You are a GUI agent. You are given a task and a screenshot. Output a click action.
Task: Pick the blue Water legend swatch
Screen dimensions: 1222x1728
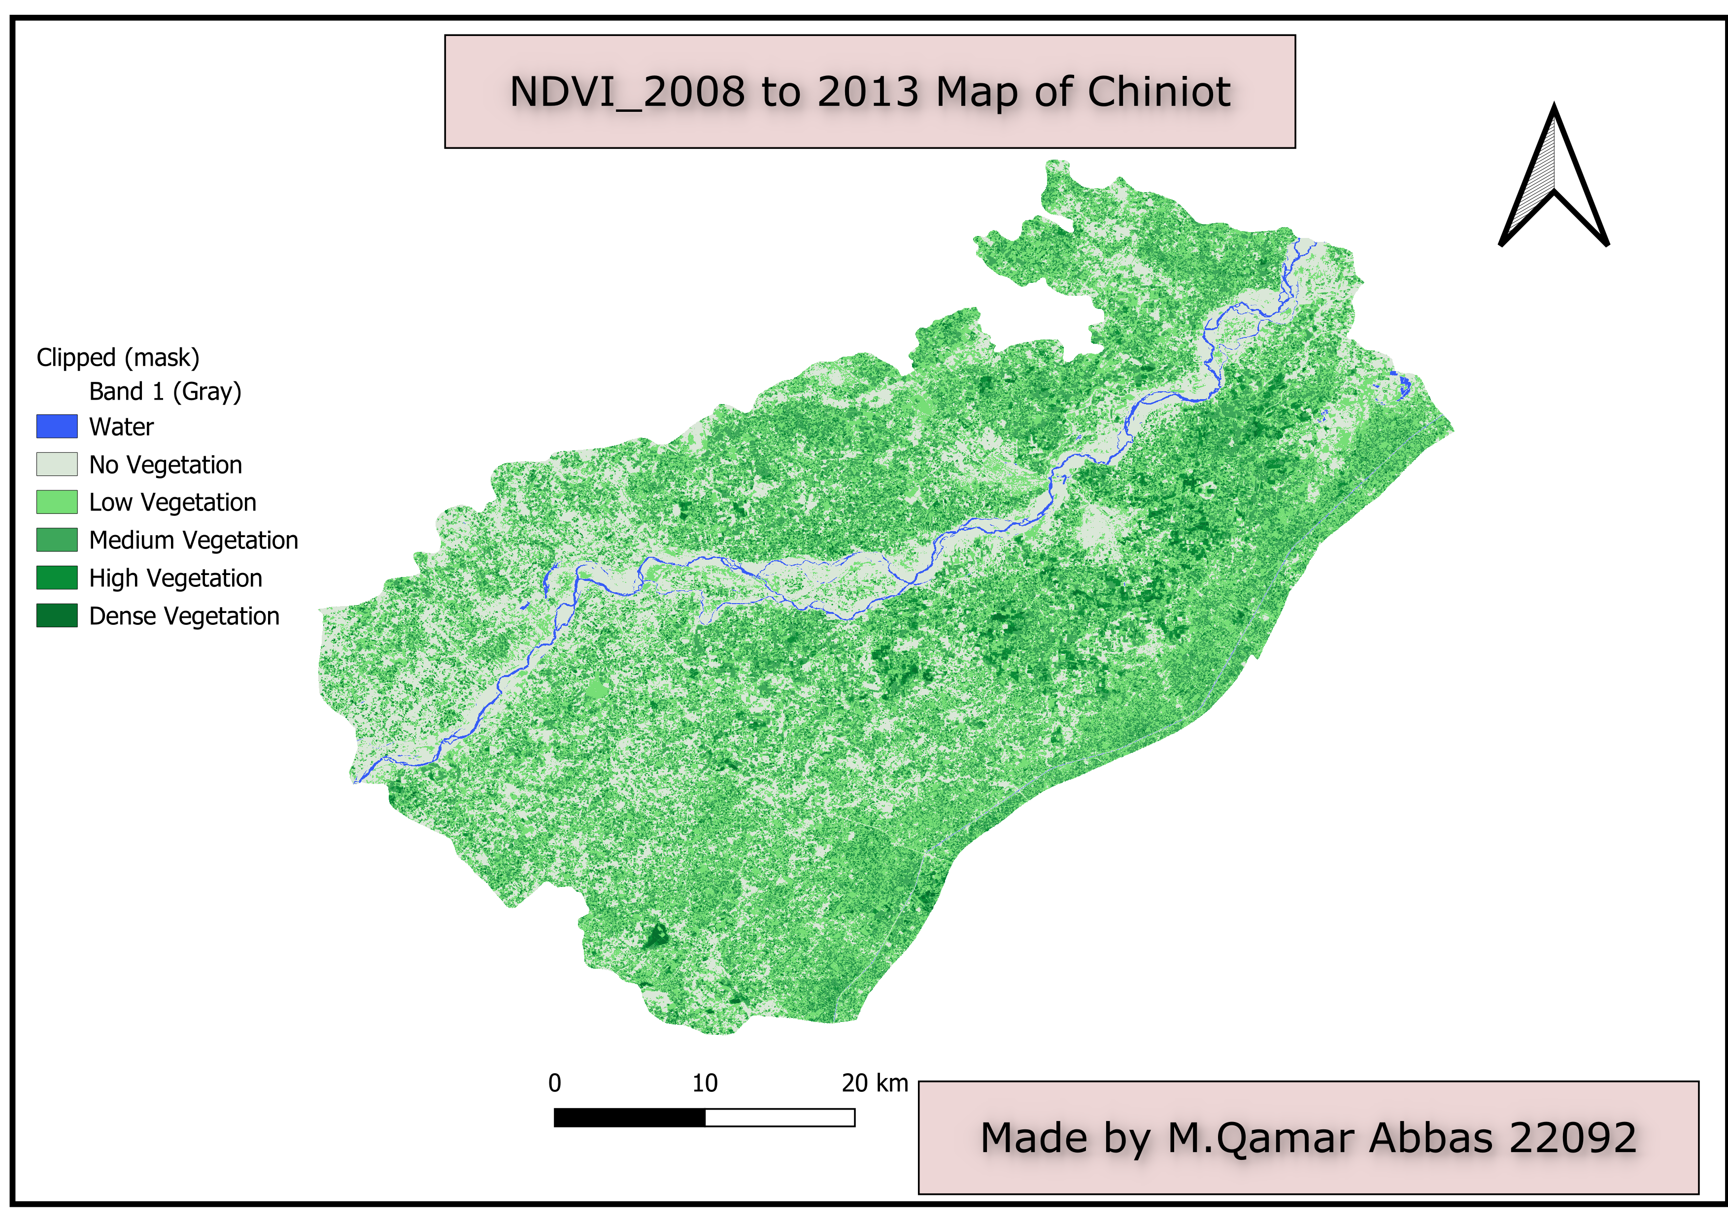pyautogui.click(x=57, y=427)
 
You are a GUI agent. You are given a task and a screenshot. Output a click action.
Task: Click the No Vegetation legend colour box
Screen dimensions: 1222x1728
pyautogui.click(x=57, y=464)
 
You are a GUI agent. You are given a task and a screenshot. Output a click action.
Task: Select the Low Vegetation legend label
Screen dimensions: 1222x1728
pyautogui.click(x=172, y=502)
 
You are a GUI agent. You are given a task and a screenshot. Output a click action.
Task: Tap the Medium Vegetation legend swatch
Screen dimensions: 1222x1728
pyautogui.click(x=57, y=540)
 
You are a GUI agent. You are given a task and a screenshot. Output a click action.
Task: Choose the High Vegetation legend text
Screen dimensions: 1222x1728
pyautogui.click(x=175, y=578)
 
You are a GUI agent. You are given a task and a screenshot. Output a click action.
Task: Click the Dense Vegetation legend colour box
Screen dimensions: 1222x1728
pyautogui.click(x=57, y=615)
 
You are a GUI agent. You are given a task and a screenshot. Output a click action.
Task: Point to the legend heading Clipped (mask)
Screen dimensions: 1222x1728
pyautogui.click(x=118, y=357)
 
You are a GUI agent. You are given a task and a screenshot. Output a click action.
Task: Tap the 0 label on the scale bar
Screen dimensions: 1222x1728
pyautogui.click(x=555, y=1084)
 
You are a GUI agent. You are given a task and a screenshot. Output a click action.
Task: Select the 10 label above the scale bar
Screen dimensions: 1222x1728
pyautogui.click(x=705, y=1084)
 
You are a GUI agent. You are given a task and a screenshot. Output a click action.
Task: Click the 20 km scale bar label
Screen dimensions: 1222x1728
pyautogui.click(x=875, y=1084)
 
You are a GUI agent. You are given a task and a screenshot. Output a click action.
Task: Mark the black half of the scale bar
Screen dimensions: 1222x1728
pyautogui.click(x=629, y=1118)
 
